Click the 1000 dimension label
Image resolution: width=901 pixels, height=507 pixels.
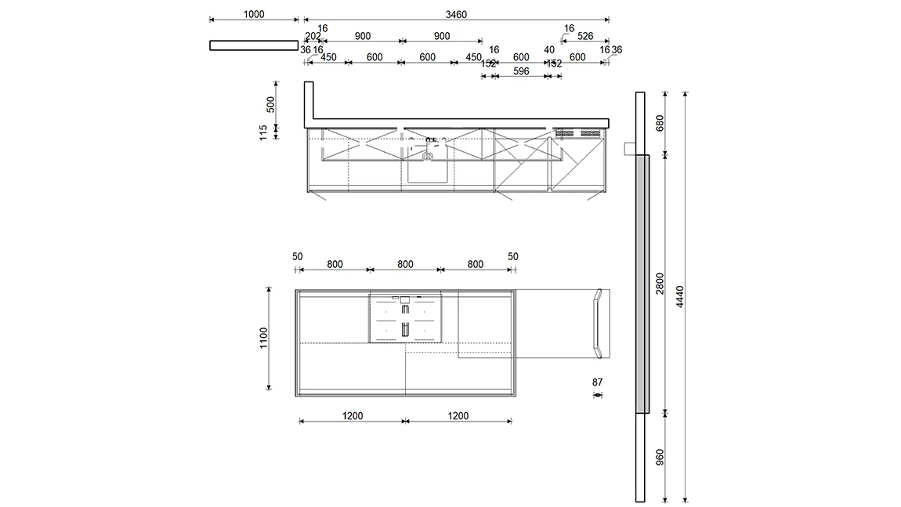coord(254,14)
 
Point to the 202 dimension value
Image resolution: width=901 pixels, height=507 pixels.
coord(313,36)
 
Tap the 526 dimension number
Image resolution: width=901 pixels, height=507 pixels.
coord(585,36)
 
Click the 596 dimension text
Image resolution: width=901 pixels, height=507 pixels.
coord(521,71)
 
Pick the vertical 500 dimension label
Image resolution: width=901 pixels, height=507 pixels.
coord(271,104)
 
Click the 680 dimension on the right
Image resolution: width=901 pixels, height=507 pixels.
coord(660,123)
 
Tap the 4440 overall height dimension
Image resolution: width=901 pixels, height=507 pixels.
coord(680,296)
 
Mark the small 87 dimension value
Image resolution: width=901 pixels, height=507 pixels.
coord(598,382)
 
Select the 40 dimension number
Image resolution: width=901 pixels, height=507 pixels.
coord(549,50)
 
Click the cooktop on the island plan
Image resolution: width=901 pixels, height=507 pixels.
coord(404,318)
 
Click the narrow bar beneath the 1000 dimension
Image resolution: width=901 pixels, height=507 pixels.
coord(254,45)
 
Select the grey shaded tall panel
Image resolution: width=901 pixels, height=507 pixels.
coord(643,284)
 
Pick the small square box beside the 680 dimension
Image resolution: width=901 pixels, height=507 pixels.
coord(628,148)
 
